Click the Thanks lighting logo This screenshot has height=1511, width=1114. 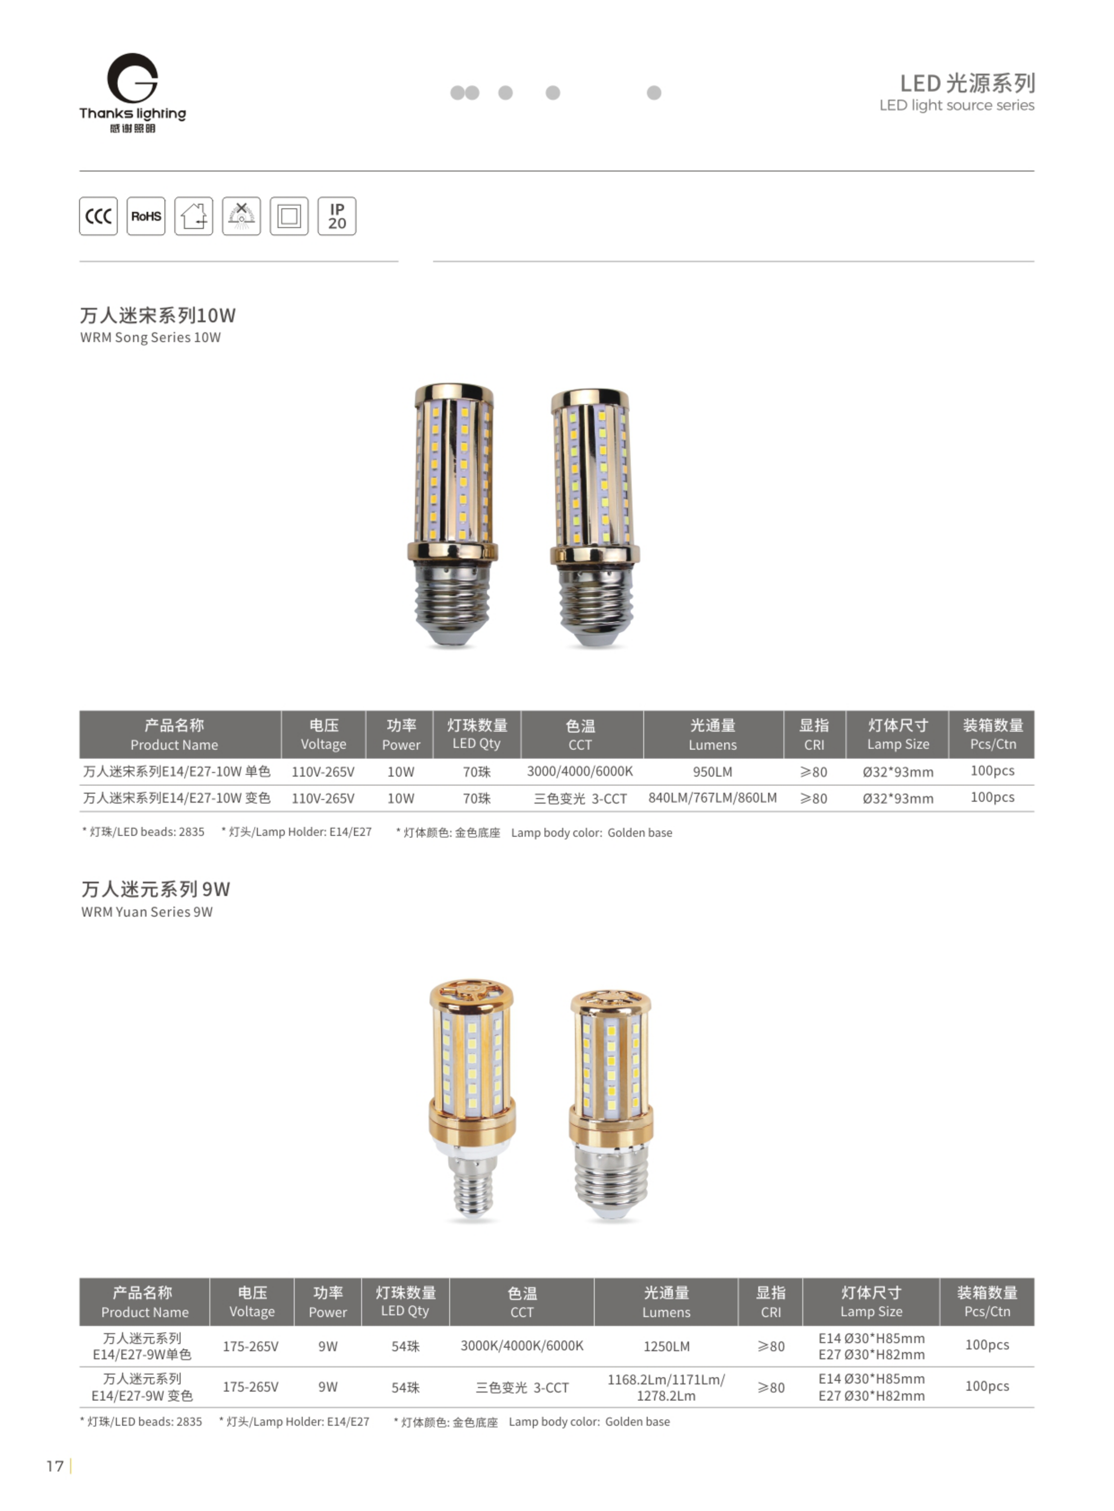(133, 93)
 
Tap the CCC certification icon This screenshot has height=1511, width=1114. (98, 216)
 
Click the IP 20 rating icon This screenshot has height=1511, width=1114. (337, 216)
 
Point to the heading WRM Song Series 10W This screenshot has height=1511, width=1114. (150, 338)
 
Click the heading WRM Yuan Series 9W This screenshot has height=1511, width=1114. (147, 912)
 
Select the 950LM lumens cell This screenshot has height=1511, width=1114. (713, 772)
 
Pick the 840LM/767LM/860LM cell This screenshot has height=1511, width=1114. (713, 798)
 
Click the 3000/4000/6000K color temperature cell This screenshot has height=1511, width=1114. (580, 771)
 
